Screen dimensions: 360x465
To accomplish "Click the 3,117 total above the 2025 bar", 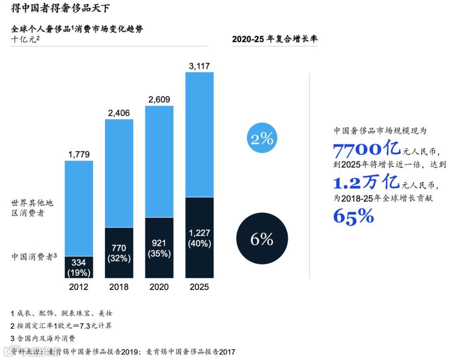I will point(199,66).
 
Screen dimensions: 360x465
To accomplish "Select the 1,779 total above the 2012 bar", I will point(79,154).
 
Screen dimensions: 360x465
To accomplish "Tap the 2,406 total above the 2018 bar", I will point(119,113).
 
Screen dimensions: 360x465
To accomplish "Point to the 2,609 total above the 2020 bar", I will point(159,99).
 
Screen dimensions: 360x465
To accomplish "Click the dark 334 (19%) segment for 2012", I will point(79,267).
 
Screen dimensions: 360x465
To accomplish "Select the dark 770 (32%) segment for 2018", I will point(119,253).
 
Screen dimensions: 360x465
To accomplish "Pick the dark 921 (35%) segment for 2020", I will point(159,248).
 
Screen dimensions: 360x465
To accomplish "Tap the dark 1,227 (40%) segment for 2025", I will point(199,237).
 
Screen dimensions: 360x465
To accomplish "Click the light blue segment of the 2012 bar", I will point(79,209).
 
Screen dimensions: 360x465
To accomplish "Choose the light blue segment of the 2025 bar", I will point(199,134).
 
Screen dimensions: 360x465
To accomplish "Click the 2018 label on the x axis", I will point(119,287).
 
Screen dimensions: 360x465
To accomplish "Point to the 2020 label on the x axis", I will point(159,287).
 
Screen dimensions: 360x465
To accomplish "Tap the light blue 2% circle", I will point(262,138).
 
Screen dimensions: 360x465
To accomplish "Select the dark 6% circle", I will point(262,239).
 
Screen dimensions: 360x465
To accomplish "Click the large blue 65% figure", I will point(353,216).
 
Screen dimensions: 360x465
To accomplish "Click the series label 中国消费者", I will point(33,257).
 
